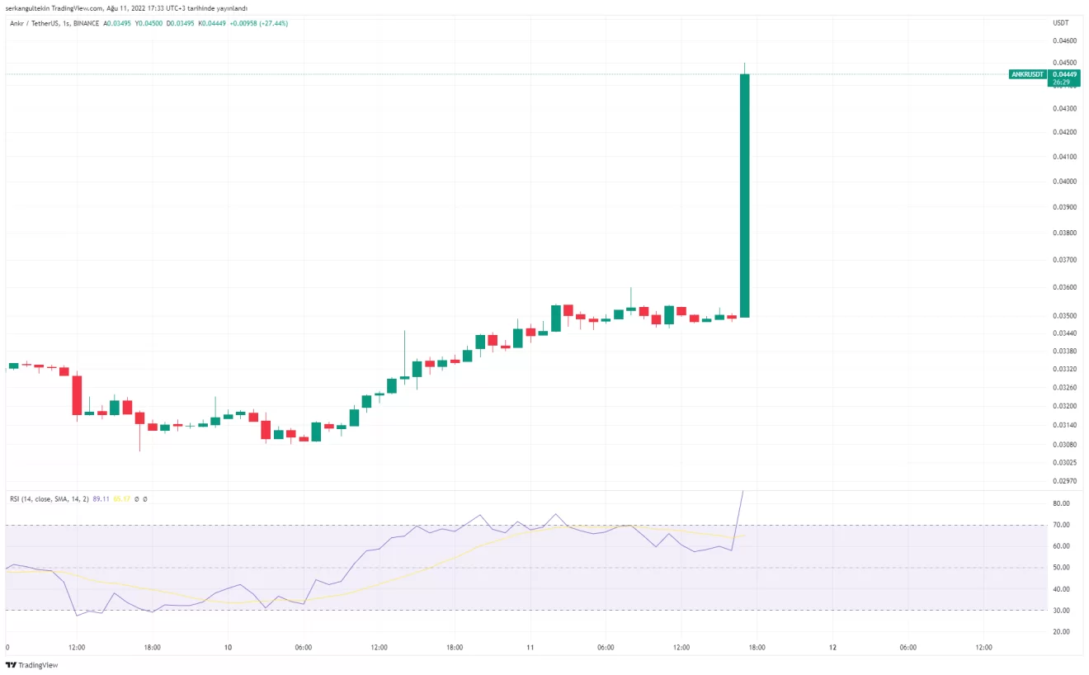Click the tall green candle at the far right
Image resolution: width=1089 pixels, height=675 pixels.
click(744, 196)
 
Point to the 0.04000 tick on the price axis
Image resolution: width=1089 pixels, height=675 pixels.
click(1064, 182)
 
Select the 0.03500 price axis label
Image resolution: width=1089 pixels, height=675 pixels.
click(1064, 315)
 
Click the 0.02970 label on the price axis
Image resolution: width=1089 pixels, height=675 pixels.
click(1064, 481)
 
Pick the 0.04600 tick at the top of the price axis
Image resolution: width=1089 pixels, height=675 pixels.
click(1064, 40)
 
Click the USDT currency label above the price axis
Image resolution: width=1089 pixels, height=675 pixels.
click(1061, 23)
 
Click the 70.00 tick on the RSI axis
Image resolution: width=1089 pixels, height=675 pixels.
click(1062, 525)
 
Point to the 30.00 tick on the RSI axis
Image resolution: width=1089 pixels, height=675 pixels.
click(1062, 611)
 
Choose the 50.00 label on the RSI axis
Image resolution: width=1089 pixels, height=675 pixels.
click(1062, 568)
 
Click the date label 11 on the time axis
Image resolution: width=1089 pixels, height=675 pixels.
click(530, 648)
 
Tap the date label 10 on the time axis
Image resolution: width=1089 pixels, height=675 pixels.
click(228, 648)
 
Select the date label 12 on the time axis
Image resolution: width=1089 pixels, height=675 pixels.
click(833, 648)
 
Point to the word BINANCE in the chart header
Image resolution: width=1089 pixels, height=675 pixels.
click(86, 23)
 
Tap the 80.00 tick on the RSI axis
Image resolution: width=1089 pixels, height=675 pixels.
click(1062, 503)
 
